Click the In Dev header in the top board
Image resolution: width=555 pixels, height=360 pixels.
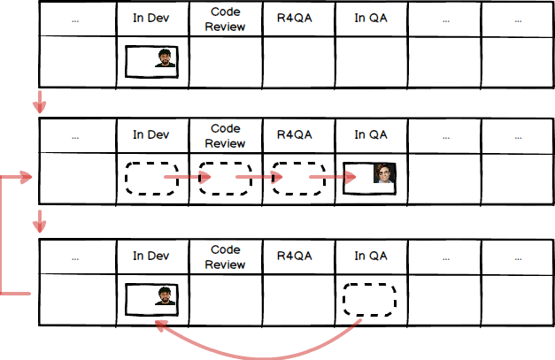click(x=150, y=19)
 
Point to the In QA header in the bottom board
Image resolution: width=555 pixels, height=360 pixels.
click(x=371, y=256)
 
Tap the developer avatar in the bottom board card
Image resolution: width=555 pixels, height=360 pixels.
click(x=165, y=296)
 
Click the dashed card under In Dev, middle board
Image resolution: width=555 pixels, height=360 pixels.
click(x=150, y=178)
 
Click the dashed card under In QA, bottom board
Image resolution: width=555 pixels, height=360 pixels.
click(x=371, y=300)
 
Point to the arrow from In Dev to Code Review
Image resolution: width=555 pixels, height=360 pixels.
click(x=187, y=178)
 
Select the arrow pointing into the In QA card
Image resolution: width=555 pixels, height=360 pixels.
click(x=329, y=178)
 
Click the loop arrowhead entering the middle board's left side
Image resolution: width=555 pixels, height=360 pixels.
click(x=26, y=178)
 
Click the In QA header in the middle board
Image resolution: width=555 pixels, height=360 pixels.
click(x=371, y=134)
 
